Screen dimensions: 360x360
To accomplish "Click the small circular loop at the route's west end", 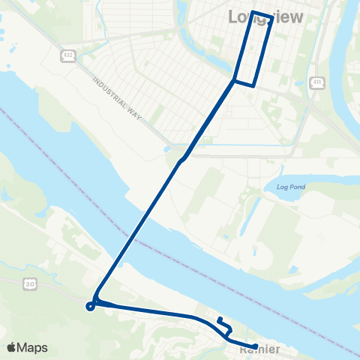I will click(x=90, y=305).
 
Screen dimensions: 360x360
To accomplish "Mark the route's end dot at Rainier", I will click(x=256, y=346).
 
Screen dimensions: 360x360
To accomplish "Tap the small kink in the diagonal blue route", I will click(x=181, y=159).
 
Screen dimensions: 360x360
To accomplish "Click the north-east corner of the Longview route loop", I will click(x=271, y=16).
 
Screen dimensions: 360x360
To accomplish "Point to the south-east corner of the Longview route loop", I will click(x=257, y=85).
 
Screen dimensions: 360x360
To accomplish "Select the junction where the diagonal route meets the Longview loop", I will click(x=235, y=79).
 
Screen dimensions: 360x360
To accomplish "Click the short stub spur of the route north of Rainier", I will click(x=221, y=322).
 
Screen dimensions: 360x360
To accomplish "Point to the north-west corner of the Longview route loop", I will click(x=253, y=12).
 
